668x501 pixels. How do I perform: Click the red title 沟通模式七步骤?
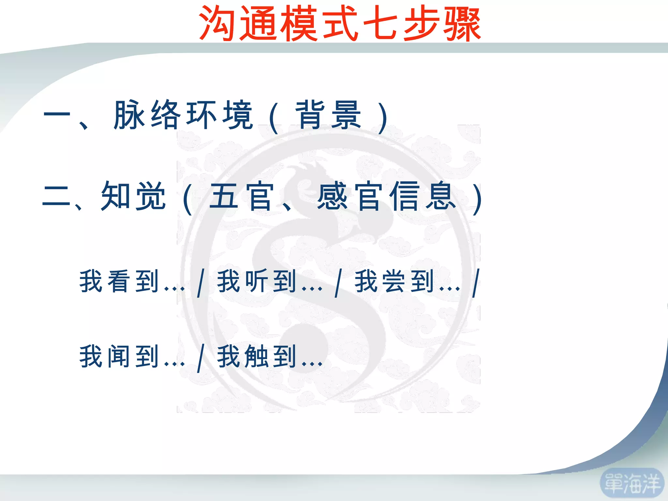click(x=340, y=23)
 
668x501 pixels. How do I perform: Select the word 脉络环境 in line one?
click(x=183, y=115)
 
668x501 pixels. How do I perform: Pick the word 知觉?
click(x=133, y=196)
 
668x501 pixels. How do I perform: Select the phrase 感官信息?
click(x=386, y=196)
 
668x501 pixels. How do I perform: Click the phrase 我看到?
click(x=119, y=281)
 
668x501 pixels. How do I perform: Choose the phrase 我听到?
click(x=257, y=281)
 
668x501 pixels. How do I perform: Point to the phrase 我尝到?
click(x=394, y=281)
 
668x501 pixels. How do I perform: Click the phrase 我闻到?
click(x=119, y=356)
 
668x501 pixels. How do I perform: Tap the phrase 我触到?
click(x=257, y=356)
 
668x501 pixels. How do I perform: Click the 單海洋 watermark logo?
click(x=632, y=483)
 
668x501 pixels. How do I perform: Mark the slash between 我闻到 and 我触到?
click(x=201, y=358)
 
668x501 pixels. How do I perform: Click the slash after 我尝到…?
click(x=477, y=283)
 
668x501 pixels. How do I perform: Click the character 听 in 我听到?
click(x=257, y=281)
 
